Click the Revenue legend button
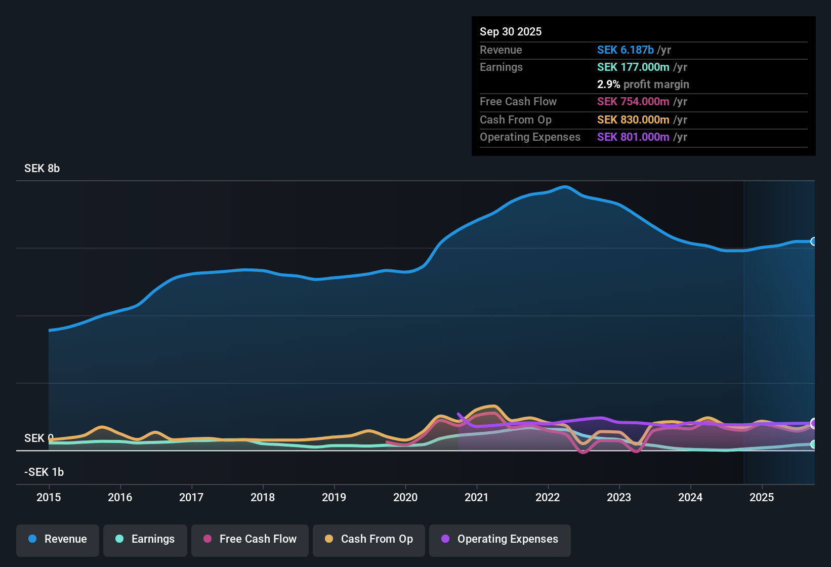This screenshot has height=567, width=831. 58,539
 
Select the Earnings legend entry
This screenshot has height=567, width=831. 145,539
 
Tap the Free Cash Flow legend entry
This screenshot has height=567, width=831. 250,539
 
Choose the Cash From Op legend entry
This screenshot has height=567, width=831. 369,539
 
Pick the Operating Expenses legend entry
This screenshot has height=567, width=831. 500,539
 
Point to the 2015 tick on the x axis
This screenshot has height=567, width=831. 49,497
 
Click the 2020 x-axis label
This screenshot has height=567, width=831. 405,497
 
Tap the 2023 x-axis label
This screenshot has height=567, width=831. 619,497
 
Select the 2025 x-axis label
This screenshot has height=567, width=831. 762,497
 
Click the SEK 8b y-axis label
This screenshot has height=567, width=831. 42,169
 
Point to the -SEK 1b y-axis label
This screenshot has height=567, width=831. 44,472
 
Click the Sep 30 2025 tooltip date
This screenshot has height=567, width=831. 511,32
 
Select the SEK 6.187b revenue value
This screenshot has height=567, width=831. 626,50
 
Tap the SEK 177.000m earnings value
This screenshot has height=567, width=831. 633,67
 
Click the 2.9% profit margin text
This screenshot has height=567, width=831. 643,85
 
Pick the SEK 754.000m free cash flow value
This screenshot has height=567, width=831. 633,102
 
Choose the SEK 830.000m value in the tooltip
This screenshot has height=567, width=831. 633,120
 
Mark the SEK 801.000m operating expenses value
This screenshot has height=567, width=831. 633,137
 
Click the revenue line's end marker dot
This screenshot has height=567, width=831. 813,241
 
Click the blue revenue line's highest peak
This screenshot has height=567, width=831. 565,187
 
